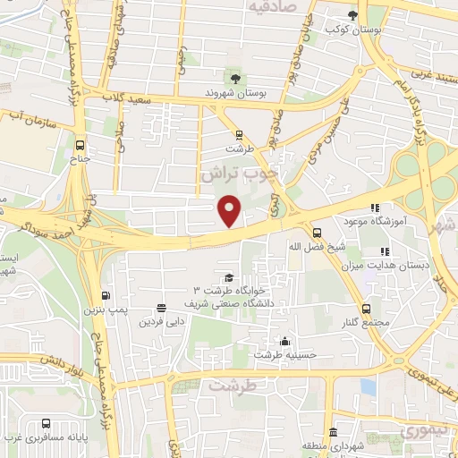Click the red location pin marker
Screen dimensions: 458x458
pos(231,208)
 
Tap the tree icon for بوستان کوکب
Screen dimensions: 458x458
pos(352,15)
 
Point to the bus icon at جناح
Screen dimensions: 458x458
pos(81,146)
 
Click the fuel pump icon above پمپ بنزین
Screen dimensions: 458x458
pos(106,296)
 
